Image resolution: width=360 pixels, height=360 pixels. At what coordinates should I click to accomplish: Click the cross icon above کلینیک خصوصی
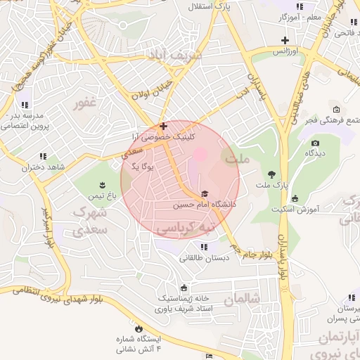click(x=163, y=127)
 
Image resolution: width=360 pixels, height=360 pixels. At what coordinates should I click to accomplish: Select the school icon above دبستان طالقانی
click(x=204, y=247)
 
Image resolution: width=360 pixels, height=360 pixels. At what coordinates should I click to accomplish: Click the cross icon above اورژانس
click(x=285, y=41)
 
